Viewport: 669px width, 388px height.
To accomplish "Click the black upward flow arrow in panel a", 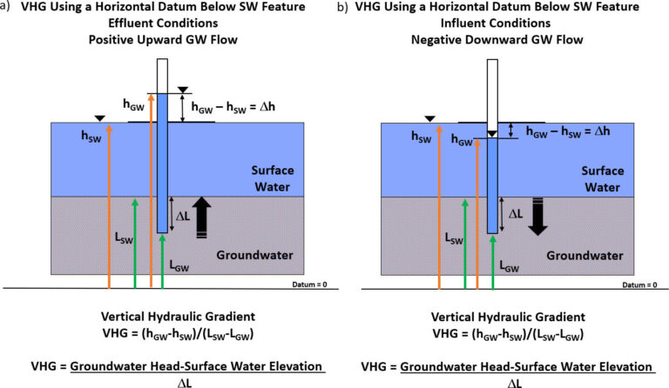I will (x=203, y=212).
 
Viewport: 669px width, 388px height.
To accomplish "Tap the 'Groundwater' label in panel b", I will (x=585, y=256).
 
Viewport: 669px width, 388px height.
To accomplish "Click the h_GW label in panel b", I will (x=461, y=138).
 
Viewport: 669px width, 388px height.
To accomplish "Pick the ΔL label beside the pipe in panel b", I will (x=515, y=212).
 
